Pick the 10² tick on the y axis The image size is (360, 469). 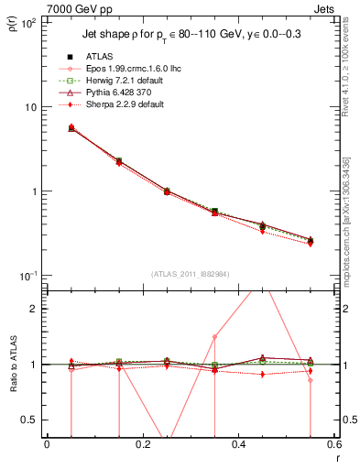coord(29,22)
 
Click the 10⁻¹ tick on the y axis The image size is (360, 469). coord(29,276)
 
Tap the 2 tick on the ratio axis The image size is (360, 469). coord(35,308)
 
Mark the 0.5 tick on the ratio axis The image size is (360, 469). coord(31,420)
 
